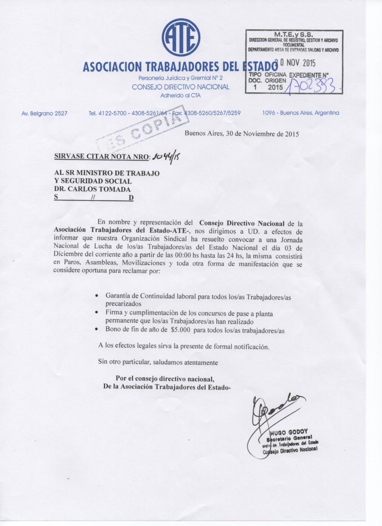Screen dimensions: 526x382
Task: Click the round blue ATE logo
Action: [x=181, y=38]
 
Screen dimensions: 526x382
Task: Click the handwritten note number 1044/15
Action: [x=163, y=157]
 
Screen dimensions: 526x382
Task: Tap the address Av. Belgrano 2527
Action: [x=44, y=113]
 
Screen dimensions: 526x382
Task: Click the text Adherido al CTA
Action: [x=180, y=95]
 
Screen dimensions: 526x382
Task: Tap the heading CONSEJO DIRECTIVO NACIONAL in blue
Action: [x=180, y=87]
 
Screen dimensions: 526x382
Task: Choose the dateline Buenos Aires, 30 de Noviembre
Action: [x=242, y=134]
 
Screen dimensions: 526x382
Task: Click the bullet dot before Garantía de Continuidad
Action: [x=98, y=296]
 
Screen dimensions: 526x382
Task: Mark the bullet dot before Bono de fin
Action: [x=98, y=330]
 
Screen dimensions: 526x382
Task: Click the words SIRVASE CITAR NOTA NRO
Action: [x=102, y=157]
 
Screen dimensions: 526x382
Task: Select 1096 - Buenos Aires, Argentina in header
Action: [x=301, y=113]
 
